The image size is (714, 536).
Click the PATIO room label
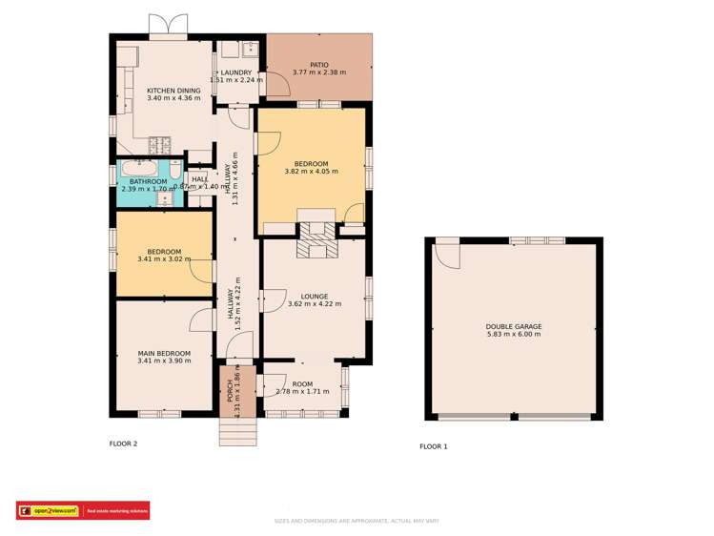point(319,64)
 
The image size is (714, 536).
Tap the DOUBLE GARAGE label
point(514,326)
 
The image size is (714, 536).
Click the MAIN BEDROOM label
point(164,353)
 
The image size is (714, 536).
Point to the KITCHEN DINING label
point(173,91)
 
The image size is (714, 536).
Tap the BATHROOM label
point(149,181)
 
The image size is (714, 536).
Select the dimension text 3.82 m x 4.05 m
point(312,172)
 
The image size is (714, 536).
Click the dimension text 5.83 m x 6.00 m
point(514,335)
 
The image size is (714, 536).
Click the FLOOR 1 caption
point(434,446)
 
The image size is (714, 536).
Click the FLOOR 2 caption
point(123,443)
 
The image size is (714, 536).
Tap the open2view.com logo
point(51,511)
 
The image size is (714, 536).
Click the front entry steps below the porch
point(237,432)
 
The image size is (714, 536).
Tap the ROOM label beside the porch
point(302,383)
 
